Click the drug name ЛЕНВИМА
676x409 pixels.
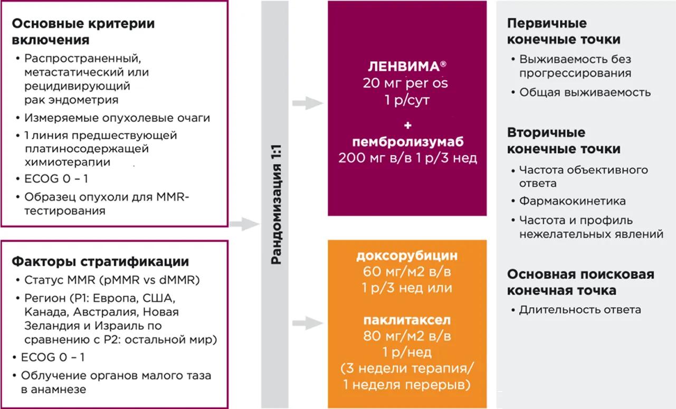point(403,67)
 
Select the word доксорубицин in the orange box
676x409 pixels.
point(407,257)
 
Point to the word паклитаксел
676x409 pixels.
point(407,320)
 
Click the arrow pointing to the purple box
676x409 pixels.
point(308,104)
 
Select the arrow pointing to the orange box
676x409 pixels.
point(308,322)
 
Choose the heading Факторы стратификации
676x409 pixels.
point(100,262)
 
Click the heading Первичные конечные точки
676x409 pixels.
point(564,32)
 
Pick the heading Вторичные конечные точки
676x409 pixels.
point(564,141)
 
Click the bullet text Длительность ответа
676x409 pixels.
point(580,310)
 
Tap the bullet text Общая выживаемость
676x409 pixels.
point(585,92)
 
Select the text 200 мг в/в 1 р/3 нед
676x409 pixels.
point(407,158)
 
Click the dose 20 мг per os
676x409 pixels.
point(407,83)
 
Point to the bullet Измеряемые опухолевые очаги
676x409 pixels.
point(117,118)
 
